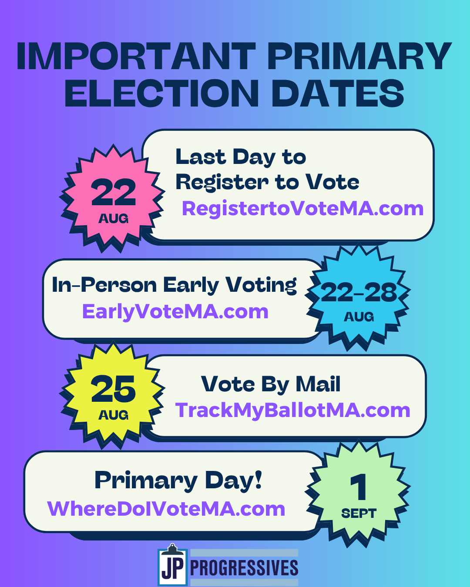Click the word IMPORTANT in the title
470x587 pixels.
(x=136, y=56)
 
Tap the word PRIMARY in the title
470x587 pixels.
(x=359, y=56)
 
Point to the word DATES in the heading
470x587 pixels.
(x=338, y=93)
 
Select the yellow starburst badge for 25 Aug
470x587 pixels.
(x=113, y=396)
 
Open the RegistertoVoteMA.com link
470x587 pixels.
(x=302, y=209)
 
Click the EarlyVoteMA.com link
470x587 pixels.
(x=175, y=312)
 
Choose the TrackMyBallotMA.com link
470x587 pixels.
(x=292, y=410)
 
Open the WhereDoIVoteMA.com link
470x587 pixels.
(x=166, y=509)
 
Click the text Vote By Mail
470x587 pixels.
(x=271, y=384)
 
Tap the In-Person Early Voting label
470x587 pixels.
(x=174, y=286)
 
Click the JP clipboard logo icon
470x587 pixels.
(x=173, y=565)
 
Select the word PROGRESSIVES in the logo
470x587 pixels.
(x=244, y=568)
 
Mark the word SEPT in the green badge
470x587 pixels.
(x=359, y=514)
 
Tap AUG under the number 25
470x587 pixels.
(x=113, y=415)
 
